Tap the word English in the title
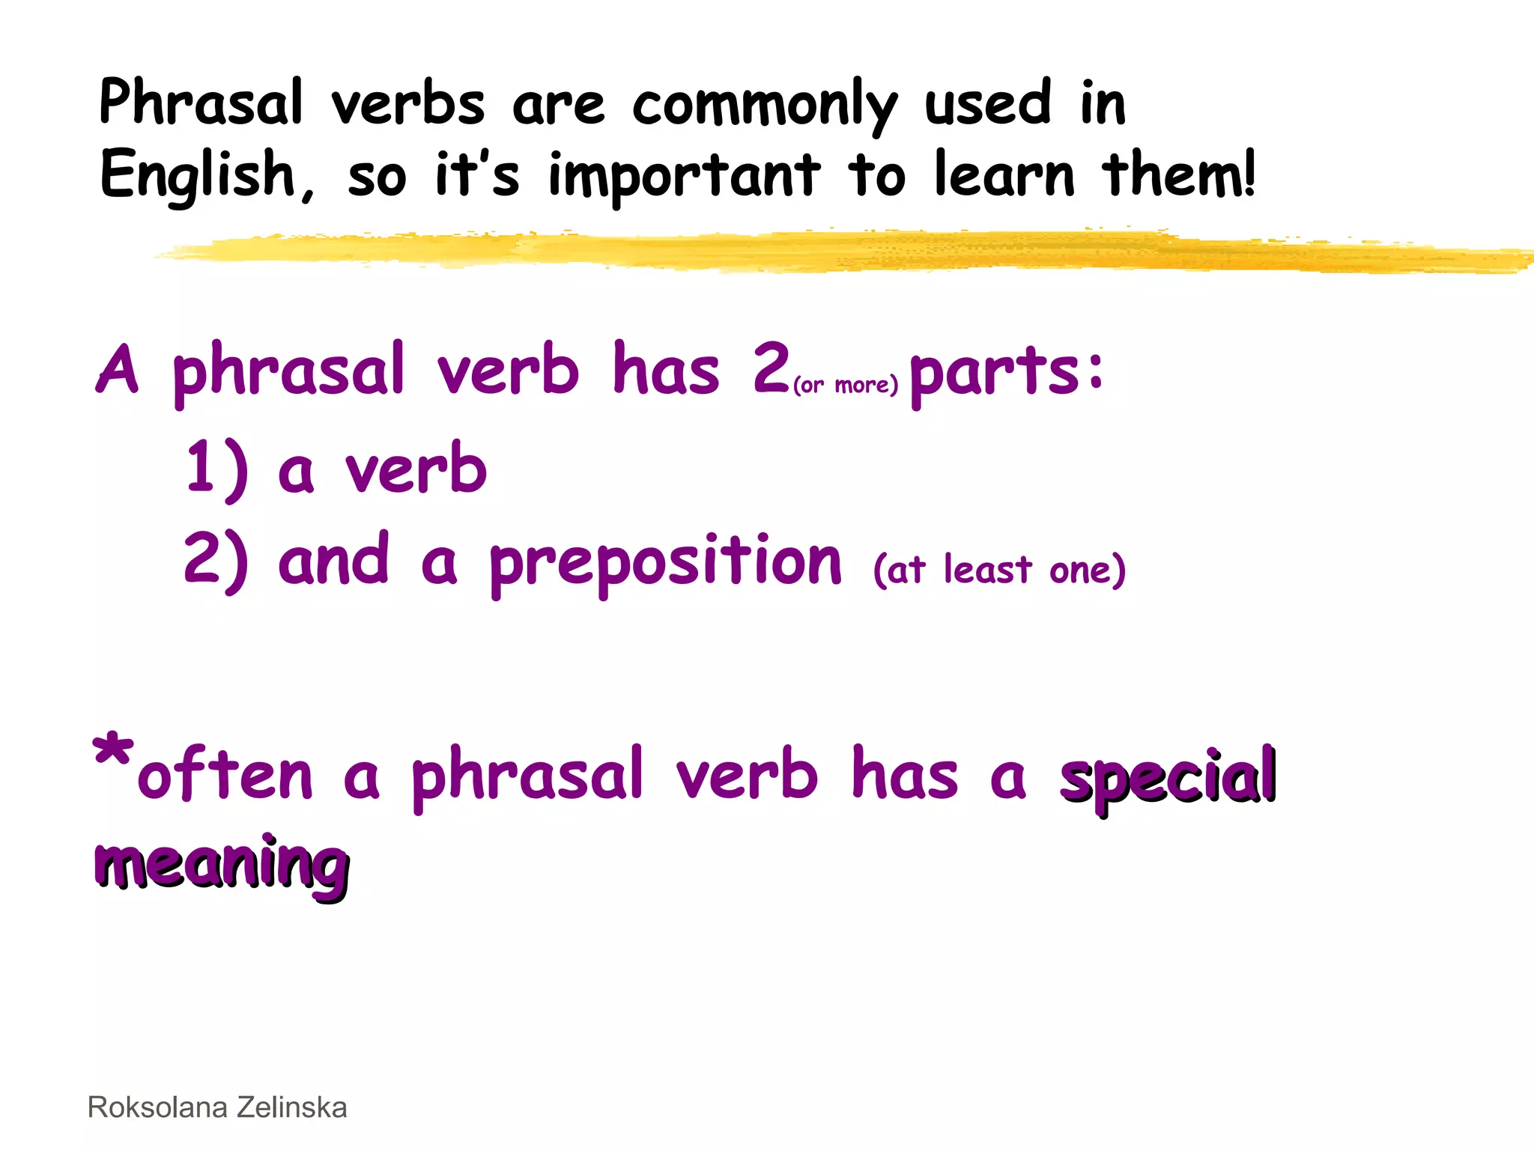pyautogui.click(x=198, y=175)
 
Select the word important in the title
pyautogui.click(x=684, y=177)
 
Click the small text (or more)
pyautogui.click(x=845, y=385)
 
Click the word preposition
pyautogui.click(x=666, y=563)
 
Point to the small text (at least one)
pyautogui.click(x=999, y=570)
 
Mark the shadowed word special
pyautogui.click(x=1168, y=779)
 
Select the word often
pyautogui.click(x=225, y=776)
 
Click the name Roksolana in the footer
pyautogui.click(x=157, y=1107)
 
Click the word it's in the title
pyautogui.click(x=476, y=175)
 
